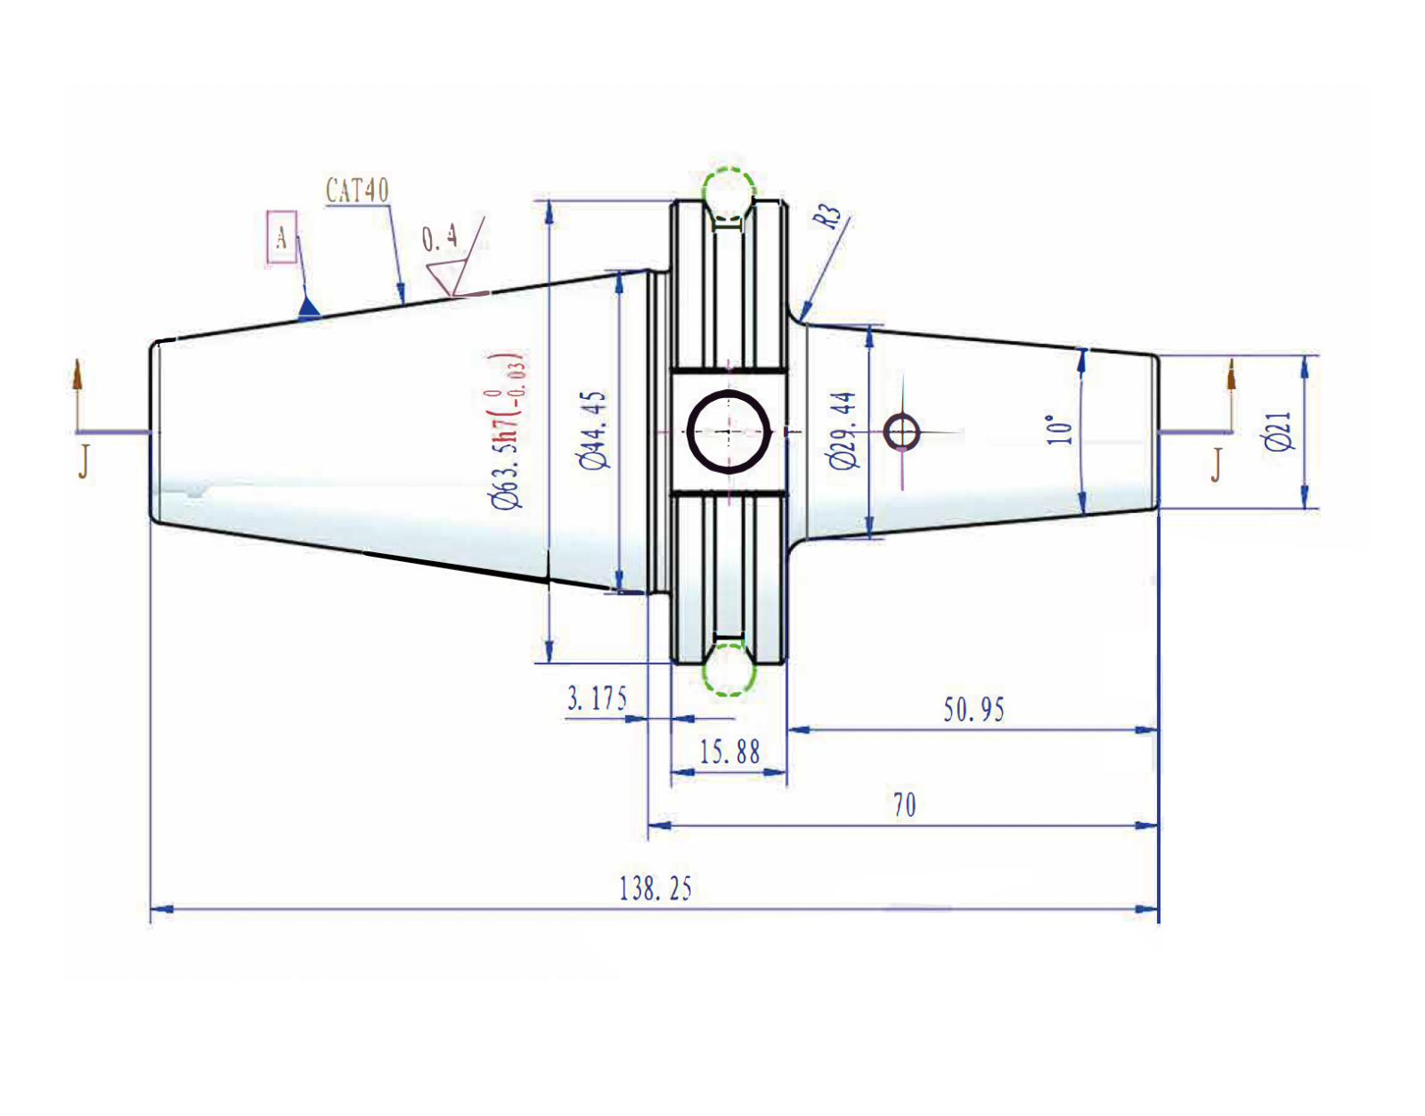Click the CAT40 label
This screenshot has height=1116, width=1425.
[357, 191]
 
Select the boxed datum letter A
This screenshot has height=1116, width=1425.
[281, 237]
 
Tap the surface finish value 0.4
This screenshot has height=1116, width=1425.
[440, 239]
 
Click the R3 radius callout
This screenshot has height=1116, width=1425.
[827, 216]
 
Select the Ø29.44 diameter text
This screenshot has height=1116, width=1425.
[843, 429]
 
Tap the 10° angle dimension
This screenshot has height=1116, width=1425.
[1060, 429]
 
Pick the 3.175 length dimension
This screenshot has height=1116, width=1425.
[597, 698]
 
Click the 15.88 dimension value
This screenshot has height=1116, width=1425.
[729, 753]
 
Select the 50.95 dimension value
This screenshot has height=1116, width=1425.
[973, 710]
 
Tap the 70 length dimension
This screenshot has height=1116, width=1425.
[904, 805]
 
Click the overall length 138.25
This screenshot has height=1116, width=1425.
[655, 889]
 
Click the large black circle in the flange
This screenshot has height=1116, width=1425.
[729, 432]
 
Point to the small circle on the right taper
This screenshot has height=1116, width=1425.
[902, 433]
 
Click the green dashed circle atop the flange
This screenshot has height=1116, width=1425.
[729, 191]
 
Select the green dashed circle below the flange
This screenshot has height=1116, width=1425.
[729, 671]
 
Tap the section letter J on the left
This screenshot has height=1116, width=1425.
[84, 461]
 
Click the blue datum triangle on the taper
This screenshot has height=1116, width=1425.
[308, 309]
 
